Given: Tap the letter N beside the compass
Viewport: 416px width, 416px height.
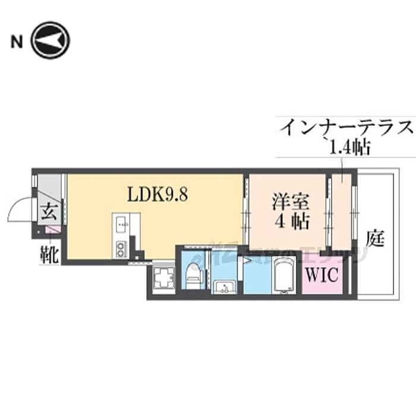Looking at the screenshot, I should pos(17,41).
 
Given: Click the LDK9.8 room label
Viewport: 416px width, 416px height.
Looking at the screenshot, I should pos(158,194).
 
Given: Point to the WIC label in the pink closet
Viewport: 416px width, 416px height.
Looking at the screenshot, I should pos(323,275).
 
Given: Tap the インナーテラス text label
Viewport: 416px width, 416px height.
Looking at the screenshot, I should pos(346,127).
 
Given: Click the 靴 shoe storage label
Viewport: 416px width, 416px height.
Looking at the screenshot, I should pos(49,255).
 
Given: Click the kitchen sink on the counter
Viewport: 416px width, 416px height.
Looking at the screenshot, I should pos(121,224).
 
